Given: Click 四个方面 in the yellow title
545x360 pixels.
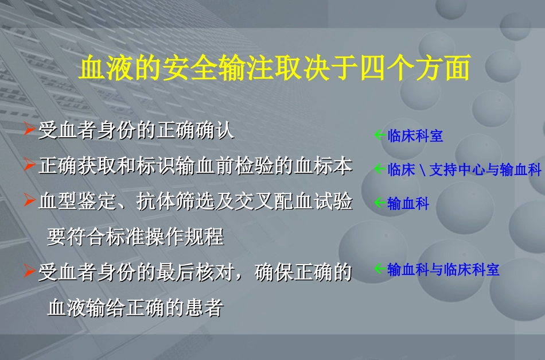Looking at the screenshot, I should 415,68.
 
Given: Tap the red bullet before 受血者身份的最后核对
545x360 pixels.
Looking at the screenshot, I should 30,271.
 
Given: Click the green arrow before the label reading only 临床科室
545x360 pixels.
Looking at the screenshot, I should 379,135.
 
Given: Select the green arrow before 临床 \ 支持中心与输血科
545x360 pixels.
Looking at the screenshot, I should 379,169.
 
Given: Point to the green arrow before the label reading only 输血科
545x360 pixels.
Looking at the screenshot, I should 379,202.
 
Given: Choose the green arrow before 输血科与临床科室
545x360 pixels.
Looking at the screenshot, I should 379,268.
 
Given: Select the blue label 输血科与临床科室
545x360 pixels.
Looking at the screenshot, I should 443,269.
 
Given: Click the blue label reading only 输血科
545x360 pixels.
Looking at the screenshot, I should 408,203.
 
